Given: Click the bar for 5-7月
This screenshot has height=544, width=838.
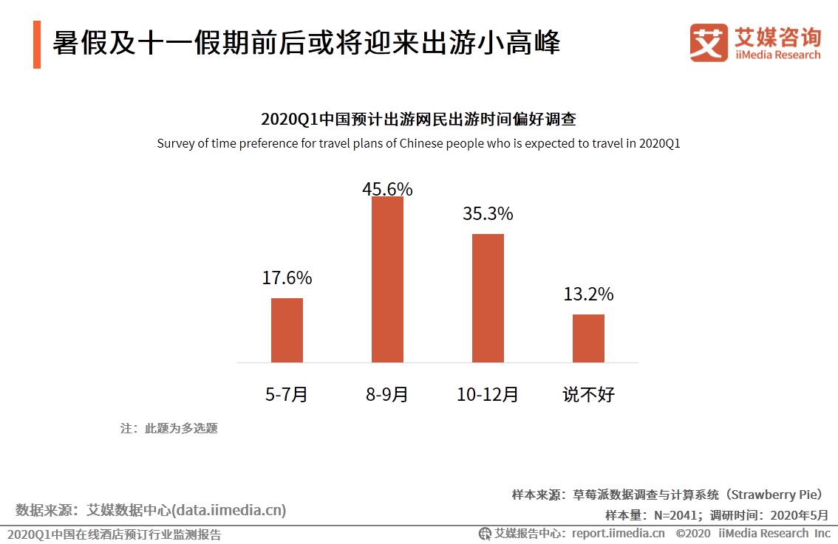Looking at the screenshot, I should coord(287,330).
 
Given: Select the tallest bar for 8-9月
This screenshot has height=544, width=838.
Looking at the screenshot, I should coord(387,279).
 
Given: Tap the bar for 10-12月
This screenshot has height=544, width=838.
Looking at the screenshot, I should coord(488,298).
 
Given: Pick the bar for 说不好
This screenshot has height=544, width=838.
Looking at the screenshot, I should coord(588,338).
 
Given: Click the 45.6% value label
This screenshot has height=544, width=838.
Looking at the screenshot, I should coord(387,189).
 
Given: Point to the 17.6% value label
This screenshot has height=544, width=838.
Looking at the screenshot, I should coord(287,278).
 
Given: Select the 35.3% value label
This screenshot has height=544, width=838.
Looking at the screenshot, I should coord(488,214).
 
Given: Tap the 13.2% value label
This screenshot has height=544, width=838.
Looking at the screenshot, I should coord(588,295).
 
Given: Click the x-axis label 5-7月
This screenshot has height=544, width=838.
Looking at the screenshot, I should coord(287,395).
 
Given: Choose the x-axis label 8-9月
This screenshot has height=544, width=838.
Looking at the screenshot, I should coord(387,395).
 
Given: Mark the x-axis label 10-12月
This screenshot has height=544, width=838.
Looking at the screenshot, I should coord(488,395).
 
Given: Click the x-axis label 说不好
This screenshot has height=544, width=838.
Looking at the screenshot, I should coord(588,395).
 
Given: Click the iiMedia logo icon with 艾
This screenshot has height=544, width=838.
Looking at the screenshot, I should coord(708,43).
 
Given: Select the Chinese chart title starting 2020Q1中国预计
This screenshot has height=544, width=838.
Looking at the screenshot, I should coord(418,120).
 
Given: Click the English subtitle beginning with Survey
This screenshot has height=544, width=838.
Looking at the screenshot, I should coord(418,144).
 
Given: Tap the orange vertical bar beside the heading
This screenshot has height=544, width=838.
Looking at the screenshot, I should coord(37,44).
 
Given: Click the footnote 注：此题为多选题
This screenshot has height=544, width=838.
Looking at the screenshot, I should coord(169,428).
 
